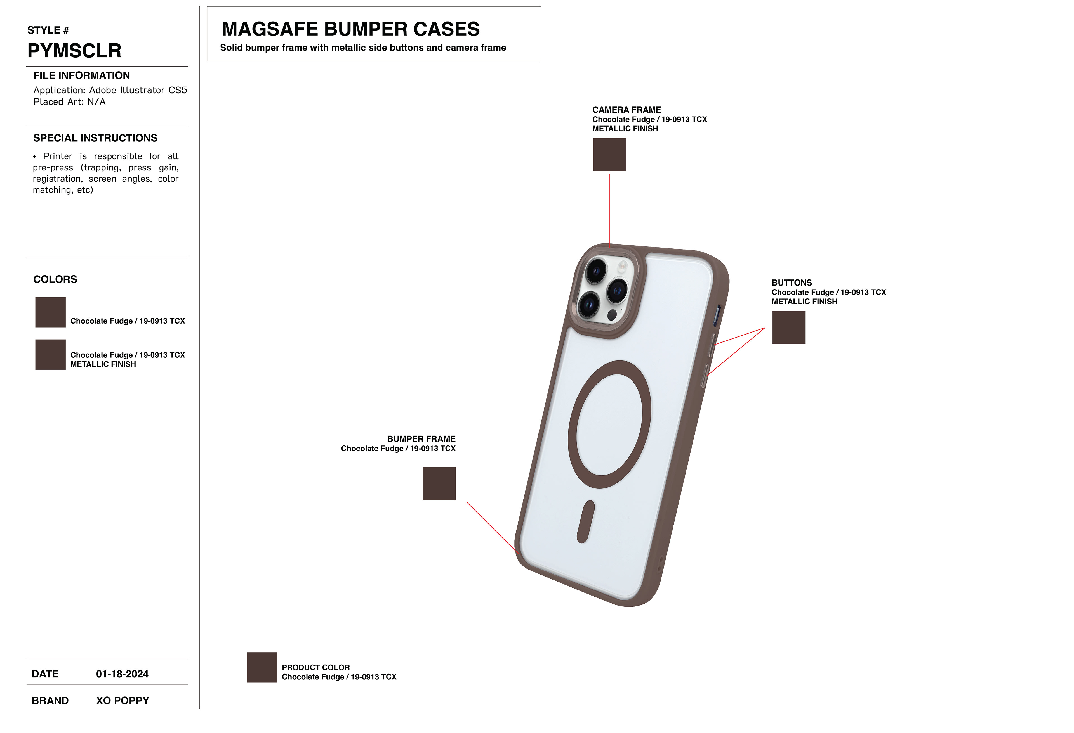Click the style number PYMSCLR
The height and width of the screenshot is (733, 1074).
pos(74,50)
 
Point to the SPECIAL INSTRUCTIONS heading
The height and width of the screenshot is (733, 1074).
pos(95,138)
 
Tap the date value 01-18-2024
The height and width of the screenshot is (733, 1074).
pos(122,674)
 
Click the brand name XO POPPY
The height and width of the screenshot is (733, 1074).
pos(123,701)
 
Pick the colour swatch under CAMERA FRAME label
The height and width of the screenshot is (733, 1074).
pos(609,155)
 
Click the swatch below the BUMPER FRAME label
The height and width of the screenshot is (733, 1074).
pos(439,483)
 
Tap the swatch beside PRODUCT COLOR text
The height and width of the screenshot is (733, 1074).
pos(262,667)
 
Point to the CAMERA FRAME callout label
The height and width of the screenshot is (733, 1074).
pos(627,110)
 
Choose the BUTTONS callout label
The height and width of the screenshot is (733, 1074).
pos(791,283)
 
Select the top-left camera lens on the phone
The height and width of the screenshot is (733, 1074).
pos(596,271)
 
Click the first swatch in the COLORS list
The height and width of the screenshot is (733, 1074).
pos(50,312)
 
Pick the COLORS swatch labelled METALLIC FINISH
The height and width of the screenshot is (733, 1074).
pos(50,355)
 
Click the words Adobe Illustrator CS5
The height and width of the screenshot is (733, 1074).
pos(138,90)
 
